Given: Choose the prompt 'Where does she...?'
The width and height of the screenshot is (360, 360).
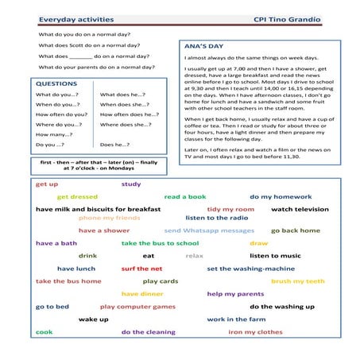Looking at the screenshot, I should coord(126,124).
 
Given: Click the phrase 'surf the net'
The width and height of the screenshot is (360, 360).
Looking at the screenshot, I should coord(142,269).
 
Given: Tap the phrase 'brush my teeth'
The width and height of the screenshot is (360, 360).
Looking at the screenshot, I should coord(298,281).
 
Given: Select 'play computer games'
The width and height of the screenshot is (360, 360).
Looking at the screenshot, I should coord(137,306).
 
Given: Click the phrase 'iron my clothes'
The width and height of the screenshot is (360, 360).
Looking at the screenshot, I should coord(255,332).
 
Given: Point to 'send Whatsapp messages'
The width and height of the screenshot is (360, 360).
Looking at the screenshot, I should coord(209,230).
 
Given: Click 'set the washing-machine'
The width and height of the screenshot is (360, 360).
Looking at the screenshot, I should coord(250,269).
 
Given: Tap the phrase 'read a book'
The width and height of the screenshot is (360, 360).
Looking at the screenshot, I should coord(185,196).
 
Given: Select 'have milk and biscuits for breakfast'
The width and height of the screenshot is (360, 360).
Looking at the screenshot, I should coord(98,209).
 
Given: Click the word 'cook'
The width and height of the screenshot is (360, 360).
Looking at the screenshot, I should coord(45,332).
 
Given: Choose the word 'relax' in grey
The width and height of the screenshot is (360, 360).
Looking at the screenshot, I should coord(195,256).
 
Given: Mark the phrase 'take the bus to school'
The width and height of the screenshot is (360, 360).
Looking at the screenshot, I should coord(160,243).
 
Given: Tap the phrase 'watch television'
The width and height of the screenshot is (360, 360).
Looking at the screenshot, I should coord(300,209).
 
